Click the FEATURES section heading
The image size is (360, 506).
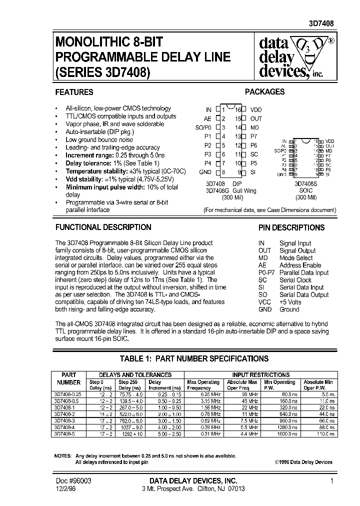[74, 92]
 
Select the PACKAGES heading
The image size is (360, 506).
[264, 92]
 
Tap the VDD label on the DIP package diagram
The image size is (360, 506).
[256, 109]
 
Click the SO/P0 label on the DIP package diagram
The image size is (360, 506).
[203, 127]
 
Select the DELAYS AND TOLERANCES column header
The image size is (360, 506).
[135, 374]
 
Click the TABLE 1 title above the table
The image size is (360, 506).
[194, 358]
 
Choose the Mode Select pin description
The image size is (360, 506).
[296, 258]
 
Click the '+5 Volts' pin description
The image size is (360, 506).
[290, 302]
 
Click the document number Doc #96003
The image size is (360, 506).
[73, 480]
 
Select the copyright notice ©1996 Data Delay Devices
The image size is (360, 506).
[303, 462]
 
